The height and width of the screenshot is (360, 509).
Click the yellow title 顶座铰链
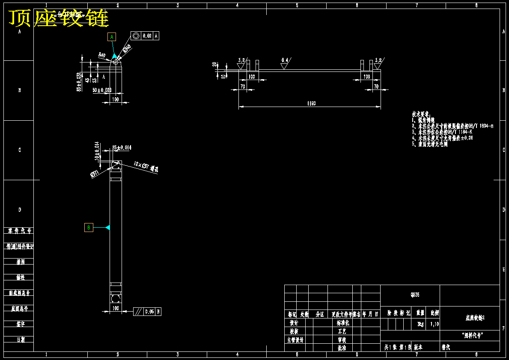59,18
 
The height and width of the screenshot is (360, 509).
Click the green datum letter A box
112,37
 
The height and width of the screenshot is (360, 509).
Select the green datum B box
89,227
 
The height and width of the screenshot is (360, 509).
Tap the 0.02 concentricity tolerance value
147,36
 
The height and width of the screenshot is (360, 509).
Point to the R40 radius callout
102,55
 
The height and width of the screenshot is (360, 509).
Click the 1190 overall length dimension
311,104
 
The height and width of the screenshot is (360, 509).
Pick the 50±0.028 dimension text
102,90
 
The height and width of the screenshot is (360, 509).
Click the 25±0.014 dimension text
122,148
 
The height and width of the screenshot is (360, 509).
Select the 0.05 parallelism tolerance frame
147,312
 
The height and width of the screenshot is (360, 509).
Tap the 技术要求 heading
420,114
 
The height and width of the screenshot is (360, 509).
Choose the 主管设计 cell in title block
295,340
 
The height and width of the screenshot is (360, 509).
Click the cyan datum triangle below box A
114,56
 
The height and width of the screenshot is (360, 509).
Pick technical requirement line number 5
430,144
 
